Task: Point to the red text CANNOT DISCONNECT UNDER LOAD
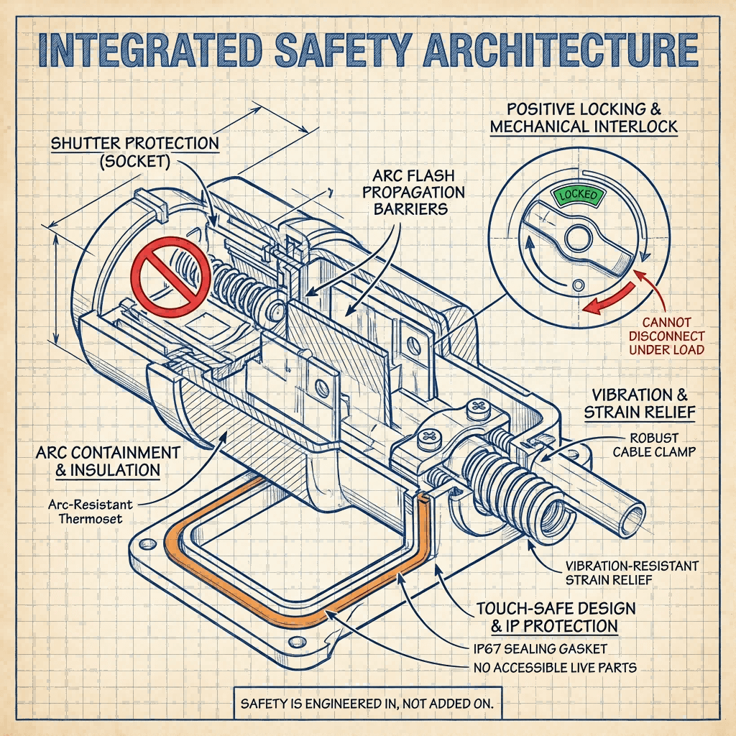point(666,336)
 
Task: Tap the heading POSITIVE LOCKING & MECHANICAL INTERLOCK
point(583,118)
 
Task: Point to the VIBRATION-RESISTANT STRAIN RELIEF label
point(631,573)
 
